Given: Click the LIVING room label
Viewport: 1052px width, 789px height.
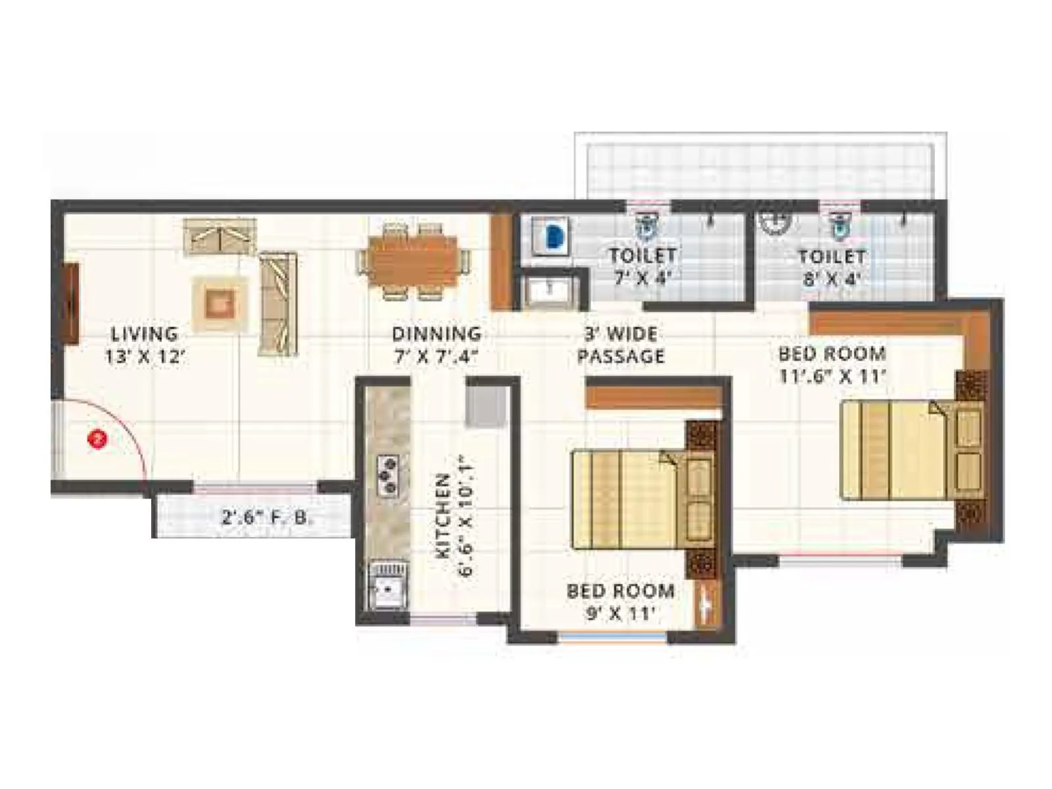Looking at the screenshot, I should pos(144,345).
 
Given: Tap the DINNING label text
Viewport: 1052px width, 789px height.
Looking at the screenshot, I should pos(436,345).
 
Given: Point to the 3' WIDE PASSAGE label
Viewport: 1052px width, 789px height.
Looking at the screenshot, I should pos(620,345).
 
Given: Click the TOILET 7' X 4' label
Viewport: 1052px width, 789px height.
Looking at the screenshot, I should pos(642,266).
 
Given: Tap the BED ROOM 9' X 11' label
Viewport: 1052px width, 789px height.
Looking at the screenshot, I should pos(621,601).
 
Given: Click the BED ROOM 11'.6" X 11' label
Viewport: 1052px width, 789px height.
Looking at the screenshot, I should pos(832,364).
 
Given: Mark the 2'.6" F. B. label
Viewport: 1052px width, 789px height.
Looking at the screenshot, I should pos(267,517).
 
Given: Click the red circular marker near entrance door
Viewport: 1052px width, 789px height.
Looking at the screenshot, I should pos(98,439).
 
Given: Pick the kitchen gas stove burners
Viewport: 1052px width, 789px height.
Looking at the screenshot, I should pos(387,474).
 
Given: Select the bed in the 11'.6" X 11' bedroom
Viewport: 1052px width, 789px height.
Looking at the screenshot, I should pos(911,450).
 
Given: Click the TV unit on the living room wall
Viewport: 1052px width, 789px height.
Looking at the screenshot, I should pos(71,303).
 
